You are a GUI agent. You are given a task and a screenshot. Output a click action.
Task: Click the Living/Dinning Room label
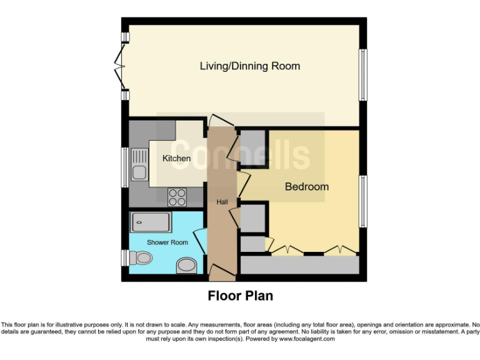click(x=250, y=66)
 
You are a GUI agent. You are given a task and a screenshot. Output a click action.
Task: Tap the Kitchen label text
click(x=176, y=158)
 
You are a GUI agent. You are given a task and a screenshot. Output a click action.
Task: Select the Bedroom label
click(x=307, y=186)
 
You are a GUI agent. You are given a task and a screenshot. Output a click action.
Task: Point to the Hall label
click(x=222, y=202)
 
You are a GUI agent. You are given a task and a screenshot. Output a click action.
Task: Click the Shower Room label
click(x=167, y=242)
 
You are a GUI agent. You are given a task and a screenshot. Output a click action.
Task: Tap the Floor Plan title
click(x=240, y=296)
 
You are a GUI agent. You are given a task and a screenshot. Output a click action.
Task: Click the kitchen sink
click(x=139, y=164)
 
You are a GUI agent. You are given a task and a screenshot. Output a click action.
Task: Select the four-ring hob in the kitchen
click(x=177, y=197)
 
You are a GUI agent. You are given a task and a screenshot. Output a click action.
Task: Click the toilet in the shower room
click(x=141, y=257)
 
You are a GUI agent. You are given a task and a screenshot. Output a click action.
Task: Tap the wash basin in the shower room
click(x=186, y=265)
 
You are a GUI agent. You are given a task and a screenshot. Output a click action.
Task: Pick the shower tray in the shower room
click(x=151, y=222)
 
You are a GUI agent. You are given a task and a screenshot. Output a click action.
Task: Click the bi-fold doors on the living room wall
click(x=120, y=66)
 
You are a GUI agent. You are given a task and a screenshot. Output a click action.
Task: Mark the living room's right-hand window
click(x=362, y=75)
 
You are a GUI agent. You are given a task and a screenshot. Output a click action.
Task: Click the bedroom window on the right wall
click(x=362, y=201)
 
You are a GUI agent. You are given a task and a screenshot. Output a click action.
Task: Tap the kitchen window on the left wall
click(x=125, y=167)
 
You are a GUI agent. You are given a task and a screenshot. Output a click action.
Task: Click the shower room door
click(x=200, y=241)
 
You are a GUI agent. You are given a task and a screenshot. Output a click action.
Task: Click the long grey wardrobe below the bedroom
click(x=300, y=265)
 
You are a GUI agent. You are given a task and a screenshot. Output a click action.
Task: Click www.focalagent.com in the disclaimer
click(x=306, y=339)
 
